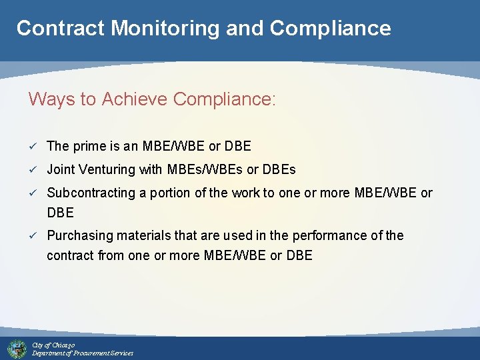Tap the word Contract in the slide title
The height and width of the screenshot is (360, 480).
61,28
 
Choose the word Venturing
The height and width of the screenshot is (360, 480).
107,170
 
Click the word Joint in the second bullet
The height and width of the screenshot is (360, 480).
60,170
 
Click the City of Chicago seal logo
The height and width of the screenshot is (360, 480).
17,349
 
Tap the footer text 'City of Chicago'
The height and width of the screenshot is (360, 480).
53,345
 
